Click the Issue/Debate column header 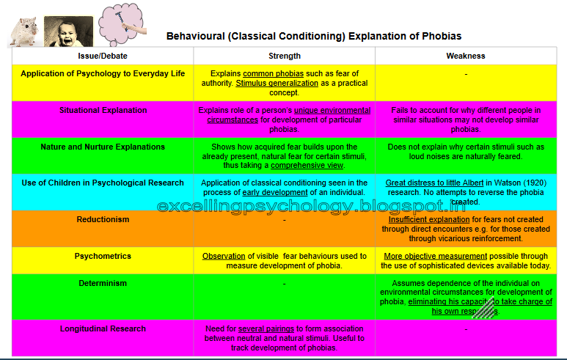[103, 56]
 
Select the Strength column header [285, 56]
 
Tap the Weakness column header [466, 56]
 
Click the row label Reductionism [103, 219]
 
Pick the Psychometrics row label [103, 256]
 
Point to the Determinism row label [103, 283]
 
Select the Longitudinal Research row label [103, 328]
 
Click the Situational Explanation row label [103, 110]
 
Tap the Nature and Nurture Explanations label [103, 147]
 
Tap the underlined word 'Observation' [224, 256]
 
